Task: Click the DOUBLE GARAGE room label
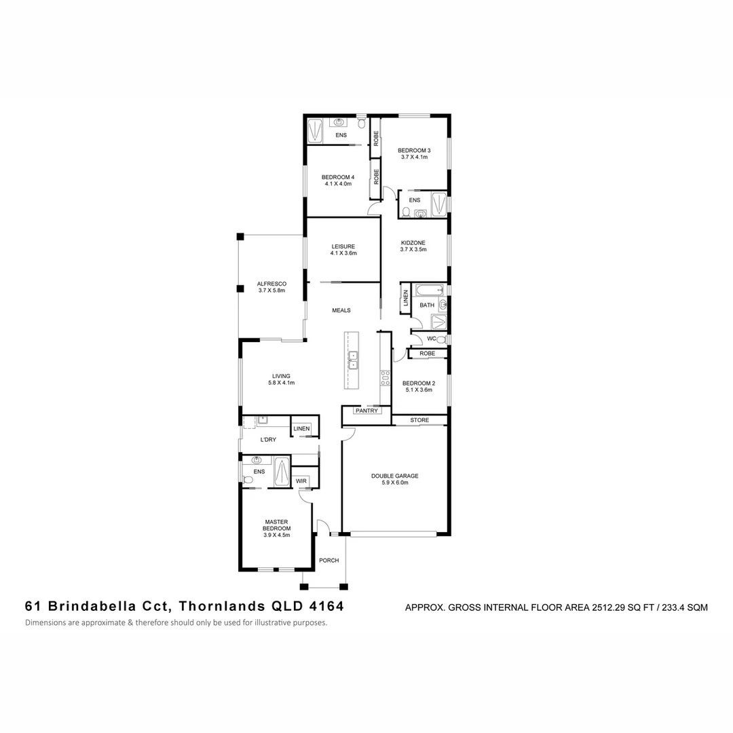click(x=394, y=476)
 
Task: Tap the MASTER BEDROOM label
click(x=277, y=524)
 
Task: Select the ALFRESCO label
click(x=271, y=284)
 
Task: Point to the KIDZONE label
click(x=413, y=242)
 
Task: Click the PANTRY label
click(x=366, y=411)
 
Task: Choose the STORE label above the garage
click(x=419, y=420)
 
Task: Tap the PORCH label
click(x=329, y=560)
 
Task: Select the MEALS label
click(x=341, y=310)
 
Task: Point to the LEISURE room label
click(x=343, y=246)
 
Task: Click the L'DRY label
click(x=269, y=440)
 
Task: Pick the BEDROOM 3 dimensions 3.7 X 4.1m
click(x=414, y=157)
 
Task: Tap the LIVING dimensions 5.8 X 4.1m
click(x=281, y=383)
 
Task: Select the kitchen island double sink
click(x=353, y=360)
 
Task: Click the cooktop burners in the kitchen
click(x=385, y=378)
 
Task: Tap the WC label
click(x=431, y=339)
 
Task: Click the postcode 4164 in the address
click(x=327, y=605)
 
